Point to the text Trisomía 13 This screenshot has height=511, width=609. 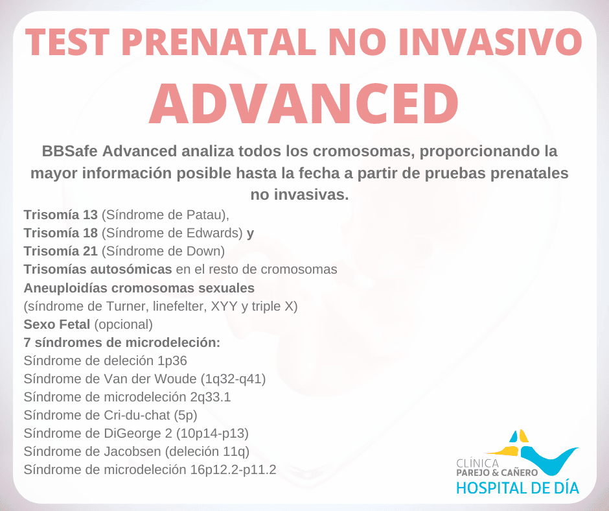(x=61, y=215)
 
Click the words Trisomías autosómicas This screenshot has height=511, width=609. (x=98, y=269)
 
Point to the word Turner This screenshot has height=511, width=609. (x=126, y=306)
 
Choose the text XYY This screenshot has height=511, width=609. (x=224, y=306)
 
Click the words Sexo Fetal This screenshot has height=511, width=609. (x=57, y=324)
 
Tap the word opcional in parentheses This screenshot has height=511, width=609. (x=124, y=324)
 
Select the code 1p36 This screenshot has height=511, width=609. (x=172, y=361)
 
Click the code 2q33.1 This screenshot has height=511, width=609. (x=211, y=397)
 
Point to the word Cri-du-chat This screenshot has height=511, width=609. (x=137, y=415)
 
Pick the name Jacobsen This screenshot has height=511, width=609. (x=132, y=451)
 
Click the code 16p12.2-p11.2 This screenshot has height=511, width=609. (x=233, y=469)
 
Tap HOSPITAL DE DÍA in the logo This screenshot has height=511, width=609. (x=518, y=488)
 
